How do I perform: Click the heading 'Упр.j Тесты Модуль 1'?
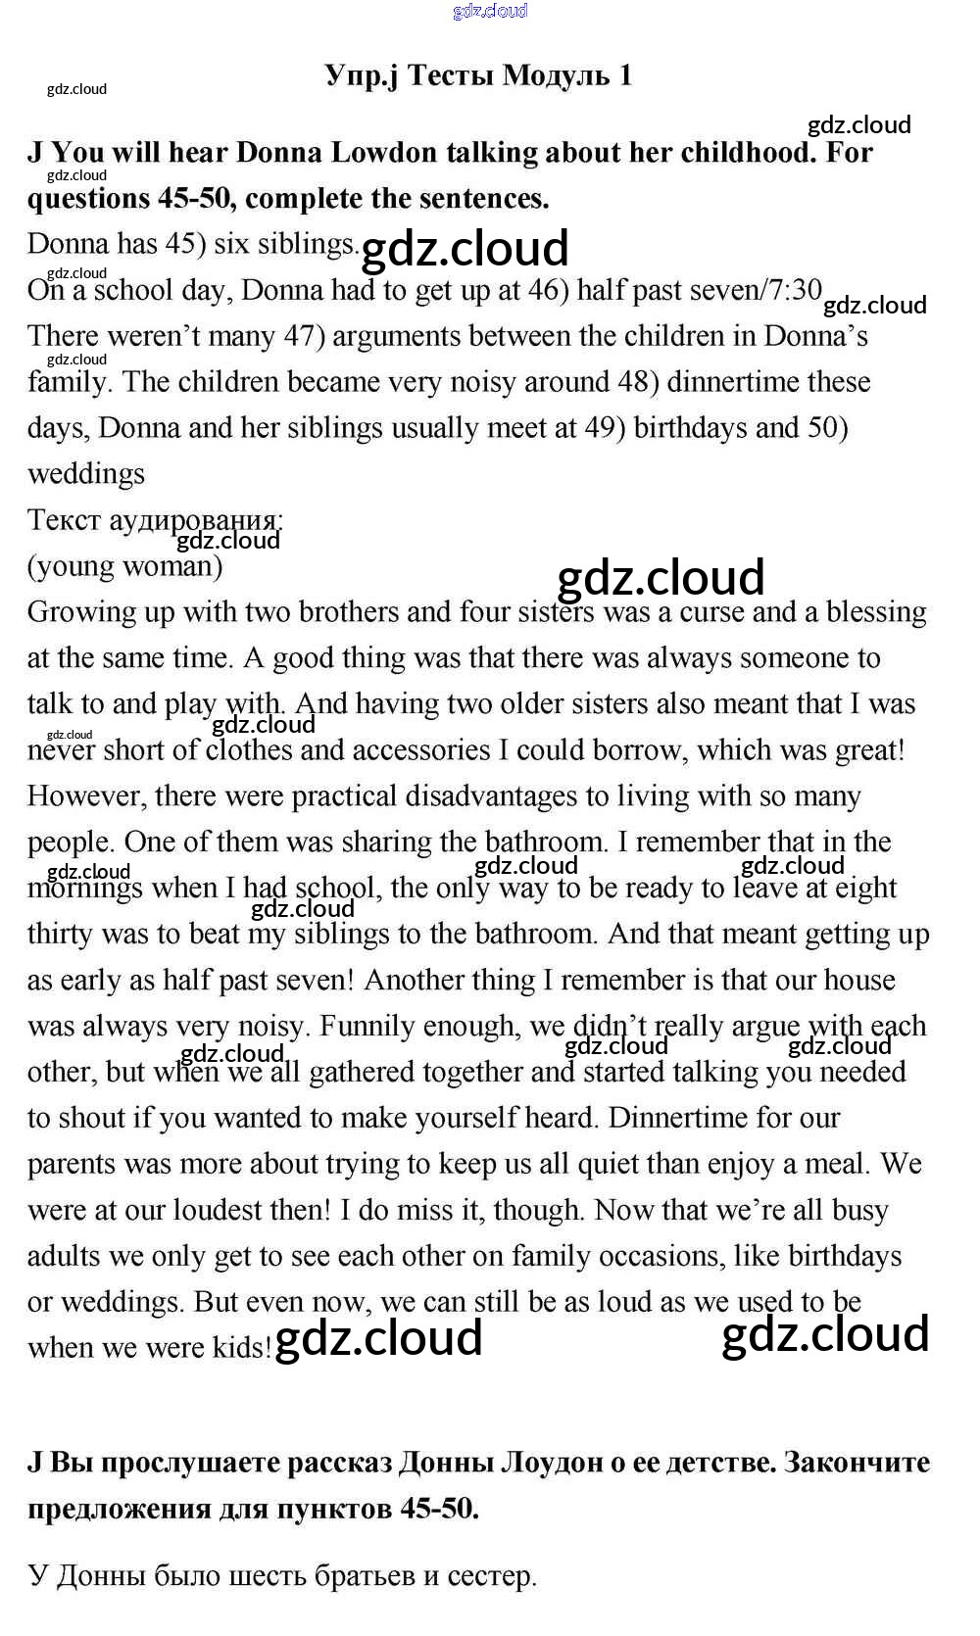(478, 75)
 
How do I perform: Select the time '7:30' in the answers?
(792, 290)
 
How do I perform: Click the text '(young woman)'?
(124, 566)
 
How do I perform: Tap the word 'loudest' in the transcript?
(217, 1211)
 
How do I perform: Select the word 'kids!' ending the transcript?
(242, 1349)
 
